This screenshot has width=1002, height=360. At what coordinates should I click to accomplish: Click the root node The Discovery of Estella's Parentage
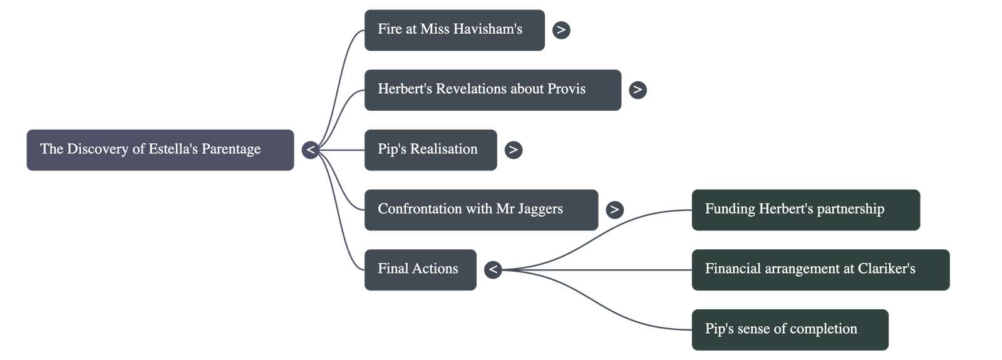[160, 150]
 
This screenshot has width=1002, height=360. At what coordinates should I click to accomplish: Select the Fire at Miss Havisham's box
[454, 29]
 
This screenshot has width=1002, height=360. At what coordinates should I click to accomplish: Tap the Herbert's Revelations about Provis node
[492, 90]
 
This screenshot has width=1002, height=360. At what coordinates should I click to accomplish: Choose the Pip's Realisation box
[430, 150]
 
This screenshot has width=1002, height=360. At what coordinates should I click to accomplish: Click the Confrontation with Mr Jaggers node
[480, 209]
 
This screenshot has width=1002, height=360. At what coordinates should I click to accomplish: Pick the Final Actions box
[420, 269]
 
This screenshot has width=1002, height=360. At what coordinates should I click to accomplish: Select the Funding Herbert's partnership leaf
[805, 209]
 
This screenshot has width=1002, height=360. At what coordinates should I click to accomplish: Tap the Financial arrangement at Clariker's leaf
[820, 269]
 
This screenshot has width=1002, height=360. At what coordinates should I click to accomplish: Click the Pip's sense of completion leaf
[789, 329]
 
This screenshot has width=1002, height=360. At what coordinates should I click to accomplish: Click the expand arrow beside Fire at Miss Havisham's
[561, 29]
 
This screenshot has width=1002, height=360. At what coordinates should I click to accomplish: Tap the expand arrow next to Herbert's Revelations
[638, 90]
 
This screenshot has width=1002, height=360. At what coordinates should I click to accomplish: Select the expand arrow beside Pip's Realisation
[514, 150]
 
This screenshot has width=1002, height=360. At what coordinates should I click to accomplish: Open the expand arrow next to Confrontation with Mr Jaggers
[614, 209]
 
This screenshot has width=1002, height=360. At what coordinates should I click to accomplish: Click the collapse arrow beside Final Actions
[493, 269]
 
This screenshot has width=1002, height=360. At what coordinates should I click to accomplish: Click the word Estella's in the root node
[173, 150]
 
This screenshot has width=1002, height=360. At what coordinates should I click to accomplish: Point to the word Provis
[566, 90]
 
